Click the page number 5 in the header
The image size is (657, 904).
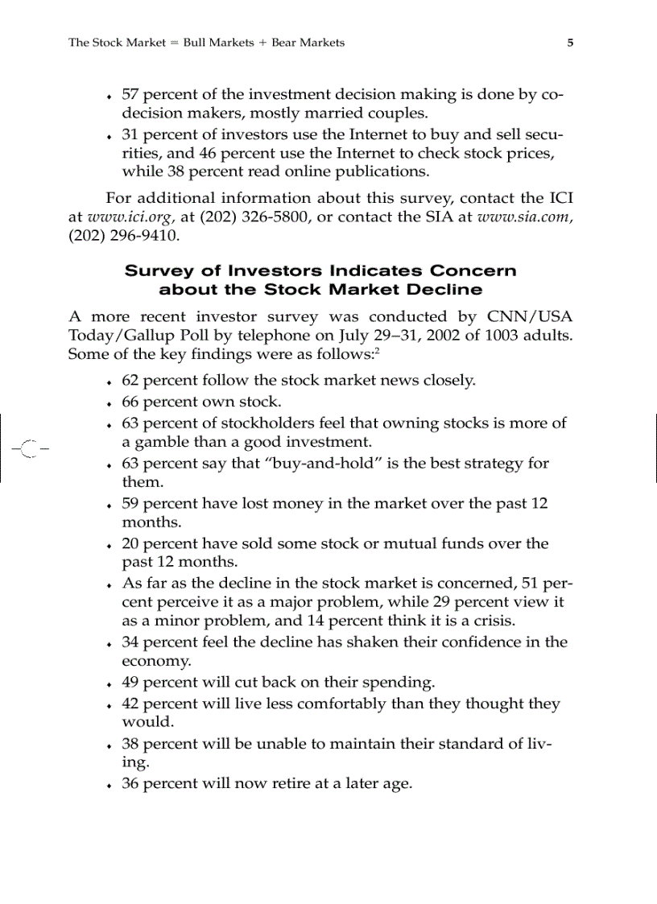pyautogui.click(x=570, y=43)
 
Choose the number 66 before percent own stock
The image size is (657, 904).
pyautogui.click(x=130, y=402)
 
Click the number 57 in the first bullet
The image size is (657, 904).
pyautogui.click(x=130, y=94)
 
